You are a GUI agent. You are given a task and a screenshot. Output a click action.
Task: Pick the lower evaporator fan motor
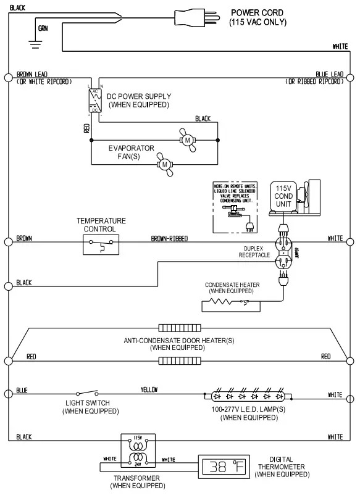click(x=165, y=164)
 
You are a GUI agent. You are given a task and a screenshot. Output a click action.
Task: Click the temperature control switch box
click(x=101, y=246)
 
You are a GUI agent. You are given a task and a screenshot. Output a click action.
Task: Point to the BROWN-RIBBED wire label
click(x=169, y=238)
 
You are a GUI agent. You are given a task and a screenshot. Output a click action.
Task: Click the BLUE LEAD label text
click(x=329, y=73)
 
